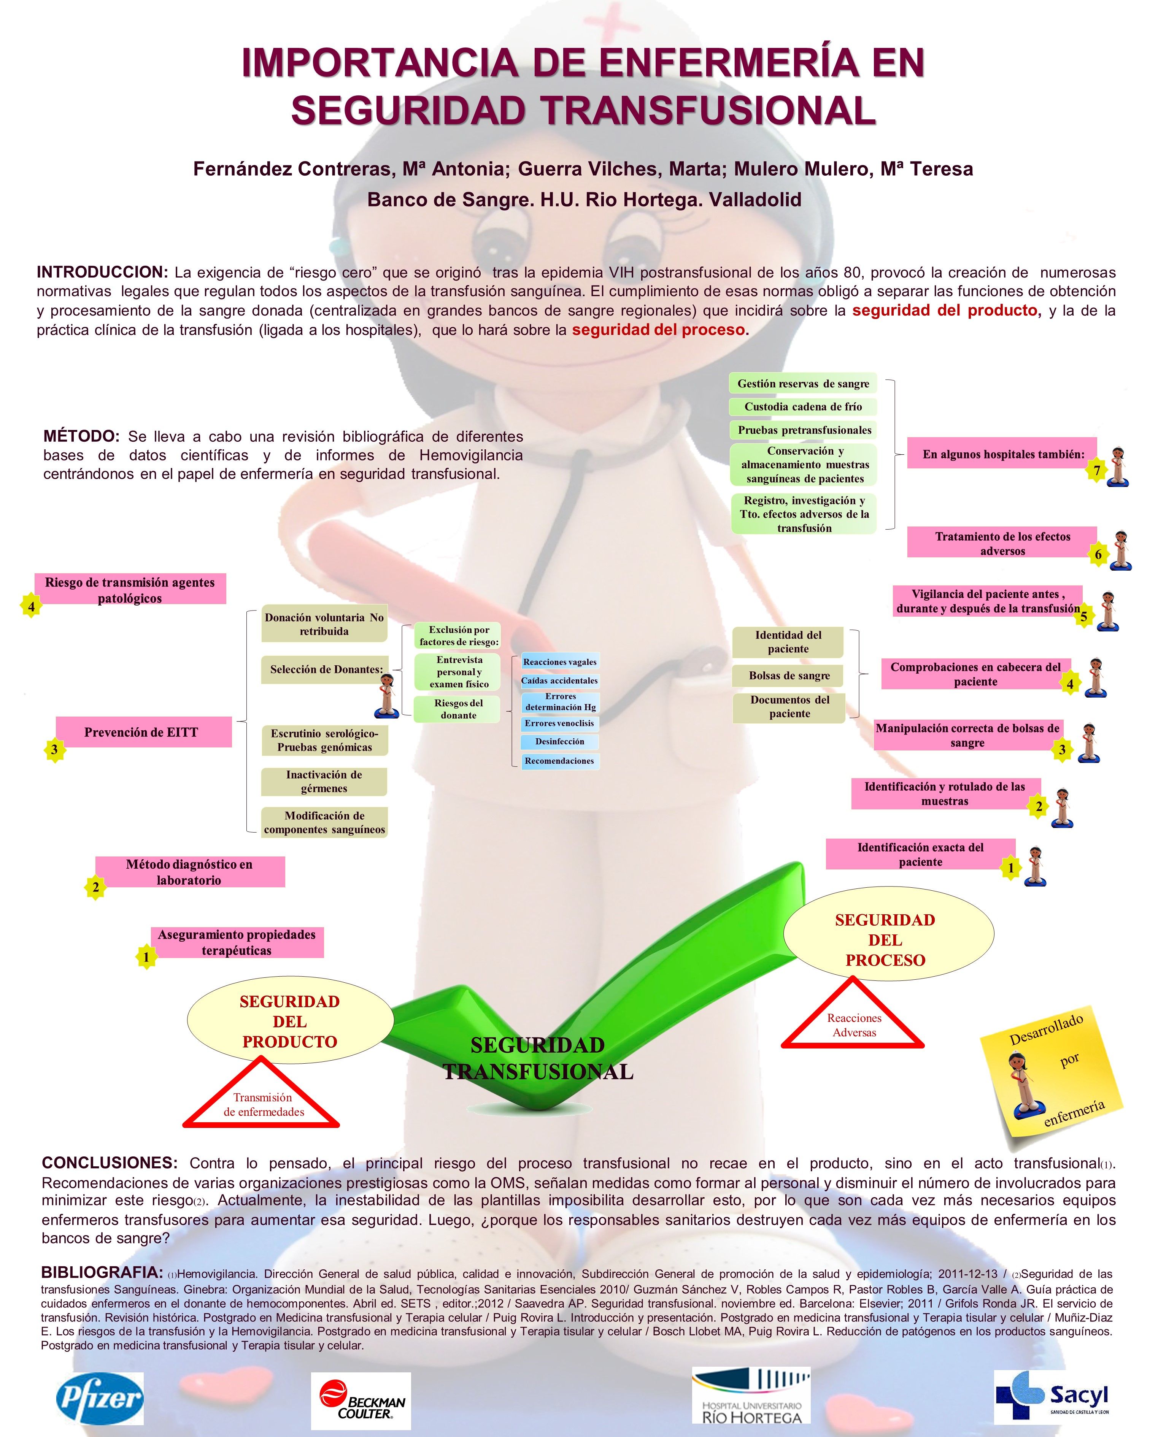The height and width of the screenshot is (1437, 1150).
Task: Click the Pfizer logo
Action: [x=100, y=1398]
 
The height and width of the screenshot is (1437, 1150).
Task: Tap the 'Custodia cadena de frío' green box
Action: [x=803, y=406]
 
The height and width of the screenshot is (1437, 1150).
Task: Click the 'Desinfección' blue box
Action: [x=559, y=741]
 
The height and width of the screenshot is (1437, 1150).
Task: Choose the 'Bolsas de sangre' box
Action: [x=789, y=675]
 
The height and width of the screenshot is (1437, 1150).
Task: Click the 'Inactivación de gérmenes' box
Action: [x=324, y=781]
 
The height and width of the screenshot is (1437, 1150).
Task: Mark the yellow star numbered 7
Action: [x=1096, y=471]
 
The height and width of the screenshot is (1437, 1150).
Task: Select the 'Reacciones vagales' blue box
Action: [x=559, y=661]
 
